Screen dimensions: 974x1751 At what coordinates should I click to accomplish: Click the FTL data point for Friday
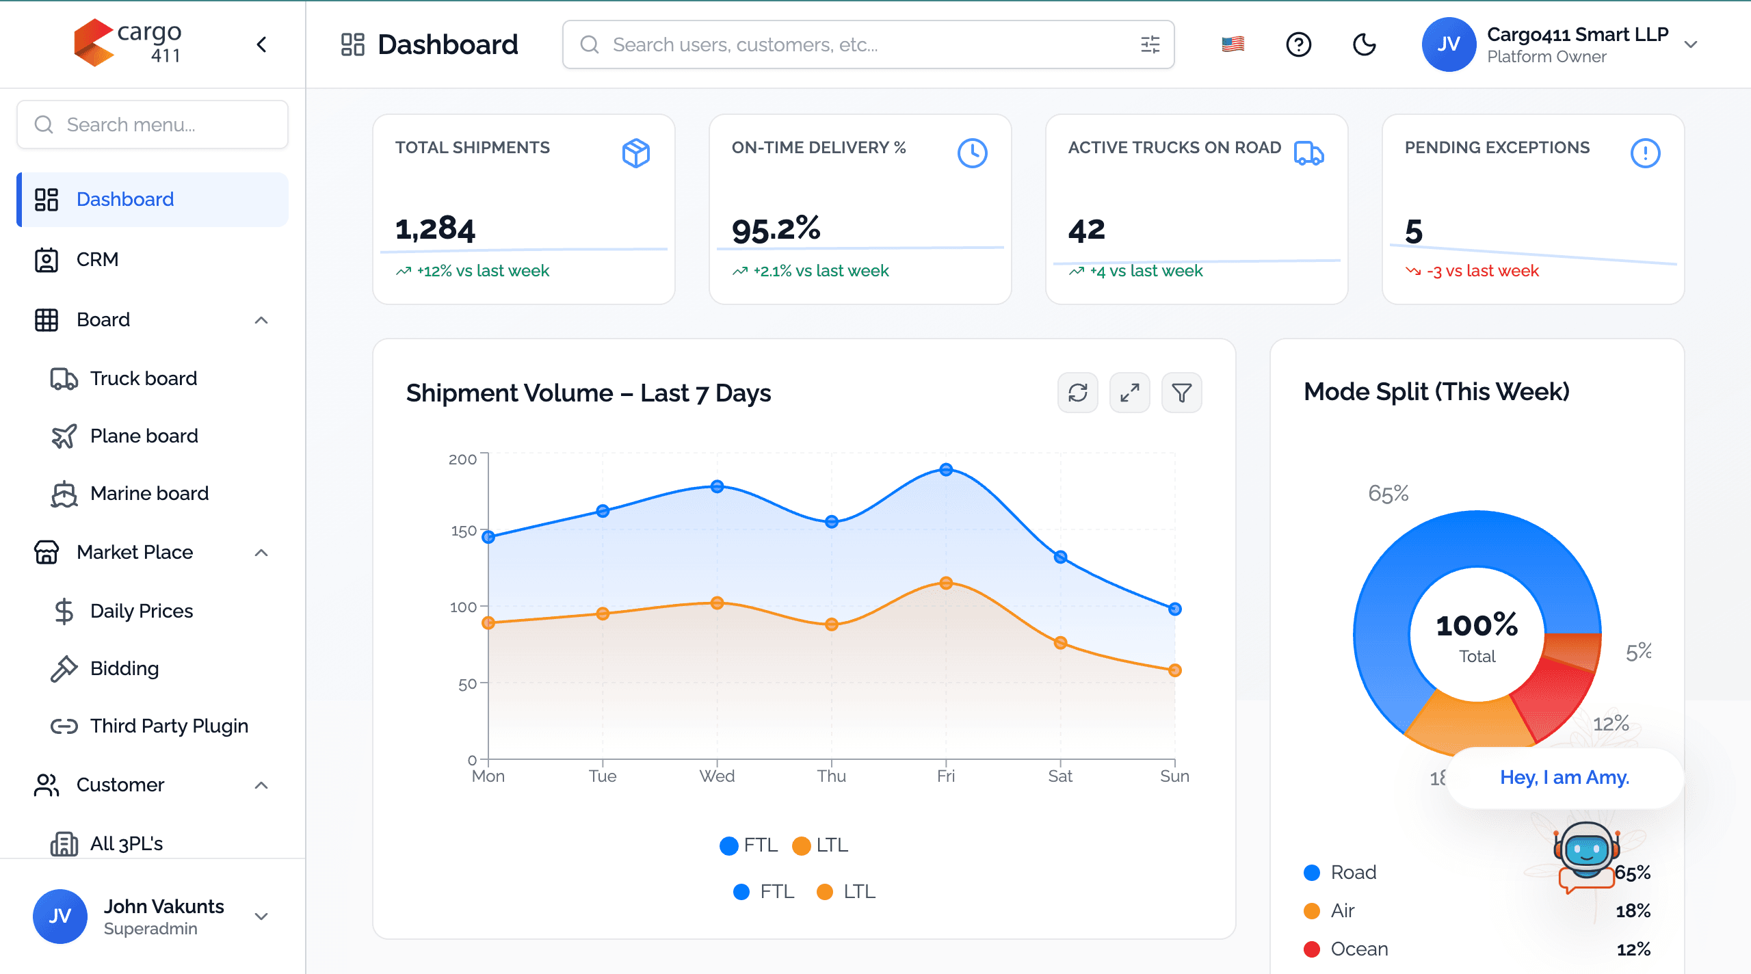tap(946, 469)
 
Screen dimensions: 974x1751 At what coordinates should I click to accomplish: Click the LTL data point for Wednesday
tap(717, 603)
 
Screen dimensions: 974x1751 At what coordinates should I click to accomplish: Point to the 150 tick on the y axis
tap(464, 531)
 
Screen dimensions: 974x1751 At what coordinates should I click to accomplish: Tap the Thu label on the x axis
tap(831, 776)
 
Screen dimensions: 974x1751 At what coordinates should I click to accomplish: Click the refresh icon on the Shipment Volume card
tap(1078, 393)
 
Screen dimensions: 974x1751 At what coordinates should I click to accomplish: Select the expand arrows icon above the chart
tap(1130, 393)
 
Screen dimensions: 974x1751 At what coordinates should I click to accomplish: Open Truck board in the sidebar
tap(143, 378)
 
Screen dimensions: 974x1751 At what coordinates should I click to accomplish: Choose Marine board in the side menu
tap(149, 493)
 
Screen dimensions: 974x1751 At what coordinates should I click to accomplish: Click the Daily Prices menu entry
tap(141, 611)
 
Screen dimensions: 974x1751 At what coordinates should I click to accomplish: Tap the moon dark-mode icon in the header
tap(1364, 44)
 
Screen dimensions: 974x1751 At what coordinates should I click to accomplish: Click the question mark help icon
tap(1298, 44)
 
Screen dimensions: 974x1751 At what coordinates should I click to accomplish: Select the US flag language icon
tap(1233, 44)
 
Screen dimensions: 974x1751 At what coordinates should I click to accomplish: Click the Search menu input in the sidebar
tap(152, 124)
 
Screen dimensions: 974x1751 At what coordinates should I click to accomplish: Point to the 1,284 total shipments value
tap(435, 228)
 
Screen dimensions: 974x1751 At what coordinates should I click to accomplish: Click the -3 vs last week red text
tap(1482, 271)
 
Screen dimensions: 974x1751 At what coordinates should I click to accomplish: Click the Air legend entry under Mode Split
tap(1342, 910)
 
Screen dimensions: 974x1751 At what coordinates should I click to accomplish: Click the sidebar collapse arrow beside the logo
tap(261, 44)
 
